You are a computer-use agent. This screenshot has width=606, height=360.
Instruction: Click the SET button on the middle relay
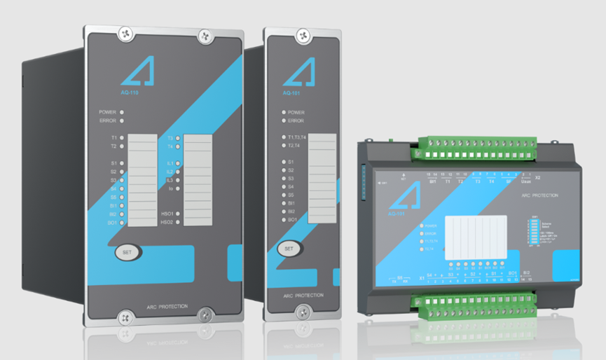pos(288,248)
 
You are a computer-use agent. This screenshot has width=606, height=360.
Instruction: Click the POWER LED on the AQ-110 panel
pos(122,111)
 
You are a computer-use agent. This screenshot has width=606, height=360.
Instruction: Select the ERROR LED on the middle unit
pos(284,120)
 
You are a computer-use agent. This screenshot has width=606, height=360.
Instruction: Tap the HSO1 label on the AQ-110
pos(167,214)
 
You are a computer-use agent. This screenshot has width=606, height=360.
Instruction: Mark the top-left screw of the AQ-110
pos(125,32)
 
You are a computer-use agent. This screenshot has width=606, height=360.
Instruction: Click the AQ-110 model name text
pos(129,91)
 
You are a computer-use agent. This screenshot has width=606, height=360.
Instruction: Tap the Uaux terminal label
pos(527,181)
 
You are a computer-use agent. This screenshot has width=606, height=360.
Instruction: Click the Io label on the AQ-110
pos(170,188)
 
